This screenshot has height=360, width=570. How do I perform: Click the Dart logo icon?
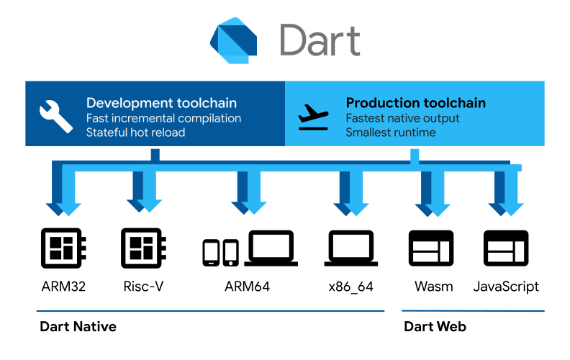pyautogui.click(x=233, y=40)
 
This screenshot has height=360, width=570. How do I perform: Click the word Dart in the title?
pyautogui.click(x=320, y=40)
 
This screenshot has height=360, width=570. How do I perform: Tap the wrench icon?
pyautogui.click(x=55, y=117)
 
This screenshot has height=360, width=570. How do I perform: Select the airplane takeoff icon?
pyautogui.click(x=313, y=117)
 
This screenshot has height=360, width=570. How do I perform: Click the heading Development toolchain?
pyautogui.click(x=161, y=103)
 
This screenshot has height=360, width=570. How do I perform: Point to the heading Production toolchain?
pyautogui.click(x=415, y=103)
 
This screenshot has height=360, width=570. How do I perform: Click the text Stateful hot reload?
pyautogui.click(x=135, y=132)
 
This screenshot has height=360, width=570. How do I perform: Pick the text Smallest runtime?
pyautogui.click(x=390, y=132)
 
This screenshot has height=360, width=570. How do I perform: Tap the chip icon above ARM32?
pyautogui.click(x=63, y=248)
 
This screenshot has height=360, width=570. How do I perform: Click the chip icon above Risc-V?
pyautogui.click(x=144, y=248)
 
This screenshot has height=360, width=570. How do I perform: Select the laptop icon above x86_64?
pyautogui.click(x=350, y=248)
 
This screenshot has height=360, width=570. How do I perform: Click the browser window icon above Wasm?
pyautogui.click(x=431, y=248)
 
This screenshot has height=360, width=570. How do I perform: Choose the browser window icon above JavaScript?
pyautogui.click(x=506, y=248)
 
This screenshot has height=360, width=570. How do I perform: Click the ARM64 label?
pyautogui.click(x=247, y=287)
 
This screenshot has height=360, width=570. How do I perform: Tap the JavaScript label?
pyautogui.click(x=506, y=287)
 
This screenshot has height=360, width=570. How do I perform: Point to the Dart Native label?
pyautogui.click(x=78, y=327)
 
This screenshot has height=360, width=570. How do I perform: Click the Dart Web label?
pyautogui.click(x=435, y=327)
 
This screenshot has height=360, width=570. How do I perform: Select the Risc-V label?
pyautogui.click(x=144, y=287)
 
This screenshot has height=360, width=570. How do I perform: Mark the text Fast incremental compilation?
pyautogui.click(x=163, y=119)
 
